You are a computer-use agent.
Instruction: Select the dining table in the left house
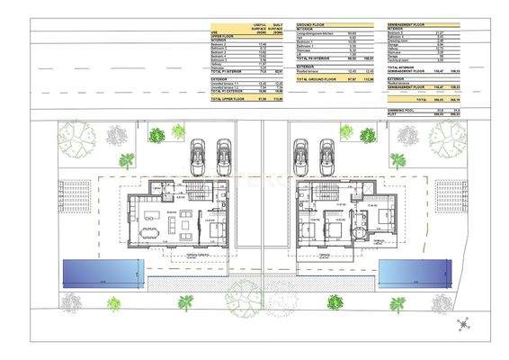(x=150, y=232)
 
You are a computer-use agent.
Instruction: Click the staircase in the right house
(x=332, y=193)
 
